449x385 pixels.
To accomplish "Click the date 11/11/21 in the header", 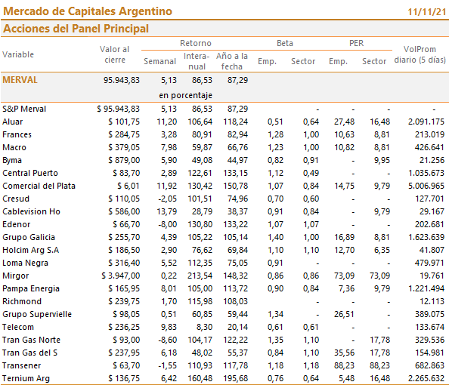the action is [426, 12].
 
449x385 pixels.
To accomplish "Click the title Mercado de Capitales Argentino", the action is [88, 11].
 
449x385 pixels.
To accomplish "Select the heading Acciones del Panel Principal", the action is [76, 29].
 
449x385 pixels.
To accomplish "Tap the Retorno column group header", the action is [196, 43].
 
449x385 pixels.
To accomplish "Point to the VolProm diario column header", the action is [420, 54].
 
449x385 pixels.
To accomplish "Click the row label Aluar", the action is [13, 122].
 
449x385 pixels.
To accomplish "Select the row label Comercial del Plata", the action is [39, 186].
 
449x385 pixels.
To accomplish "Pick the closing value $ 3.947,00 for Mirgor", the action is [120, 276].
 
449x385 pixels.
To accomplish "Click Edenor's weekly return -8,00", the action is [168, 224].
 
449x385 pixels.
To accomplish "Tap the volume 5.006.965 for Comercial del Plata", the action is [426, 186].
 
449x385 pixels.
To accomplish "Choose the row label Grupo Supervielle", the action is [37, 314].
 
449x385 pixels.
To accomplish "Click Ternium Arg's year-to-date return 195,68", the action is [236, 378].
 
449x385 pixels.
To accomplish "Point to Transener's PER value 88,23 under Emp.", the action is [344, 365].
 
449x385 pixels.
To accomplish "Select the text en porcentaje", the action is [185, 95].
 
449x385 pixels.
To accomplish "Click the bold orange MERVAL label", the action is [20, 80].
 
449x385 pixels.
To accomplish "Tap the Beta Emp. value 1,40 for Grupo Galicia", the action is [275, 237].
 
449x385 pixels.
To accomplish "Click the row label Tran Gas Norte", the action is [32, 340].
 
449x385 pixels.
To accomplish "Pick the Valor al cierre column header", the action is [115, 54].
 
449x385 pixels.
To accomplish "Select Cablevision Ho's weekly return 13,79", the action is [166, 211].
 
